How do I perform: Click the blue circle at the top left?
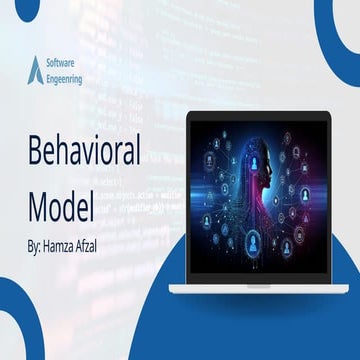pos(10,10)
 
